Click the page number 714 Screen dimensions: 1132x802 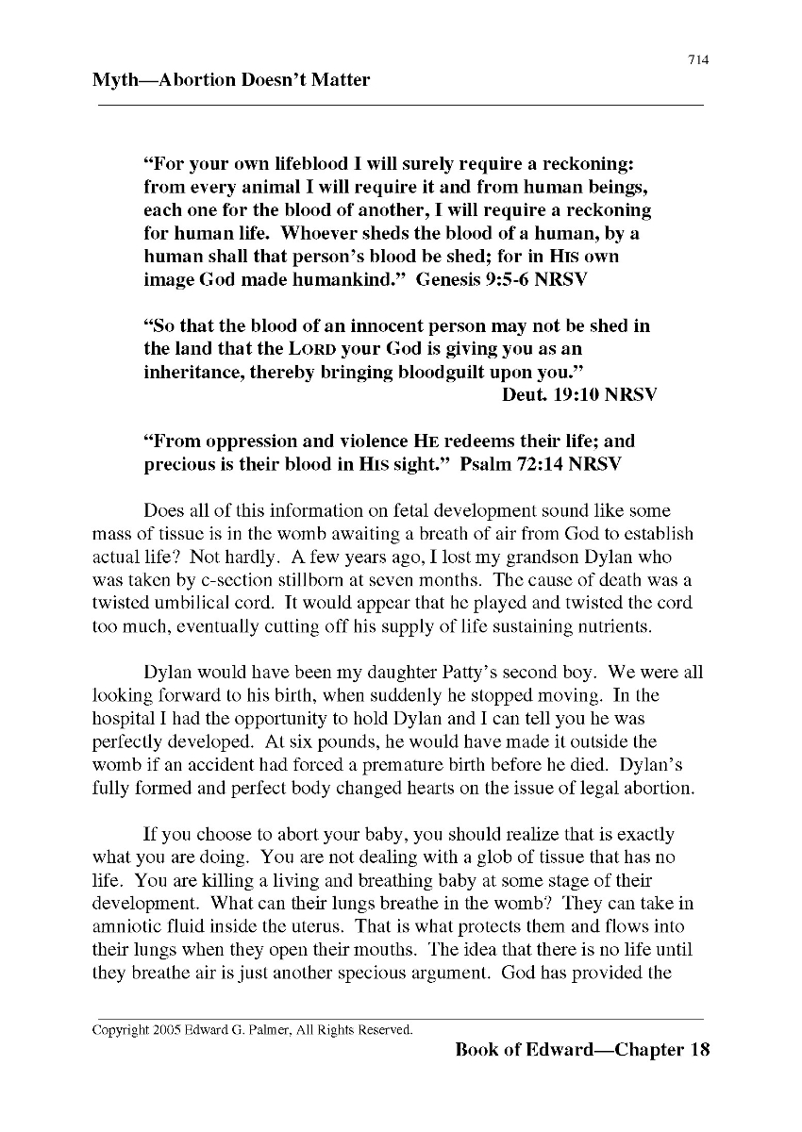tap(698, 60)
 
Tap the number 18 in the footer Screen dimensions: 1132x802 tap(699, 1050)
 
